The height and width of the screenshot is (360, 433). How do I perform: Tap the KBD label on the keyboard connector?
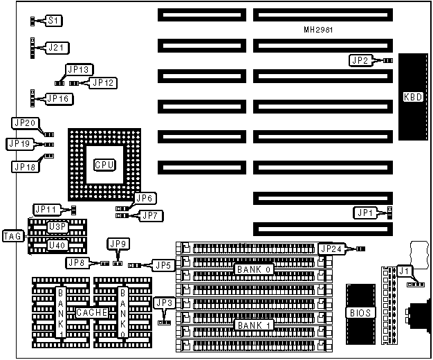(x=414, y=96)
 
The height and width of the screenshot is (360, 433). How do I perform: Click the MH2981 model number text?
(x=319, y=30)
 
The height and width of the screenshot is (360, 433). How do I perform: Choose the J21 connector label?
(x=55, y=48)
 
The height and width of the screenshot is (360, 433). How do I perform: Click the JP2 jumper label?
(x=359, y=60)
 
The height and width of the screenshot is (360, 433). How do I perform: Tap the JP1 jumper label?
(x=365, y=212)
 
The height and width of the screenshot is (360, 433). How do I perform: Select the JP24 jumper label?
(x=331, y=249)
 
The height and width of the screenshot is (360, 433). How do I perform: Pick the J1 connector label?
(x=405, y=271)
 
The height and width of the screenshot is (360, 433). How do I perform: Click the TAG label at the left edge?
(x=13, y=235)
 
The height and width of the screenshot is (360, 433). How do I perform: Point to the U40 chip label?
(x=57, y=244)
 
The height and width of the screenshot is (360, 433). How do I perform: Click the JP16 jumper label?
(x=57, y=98)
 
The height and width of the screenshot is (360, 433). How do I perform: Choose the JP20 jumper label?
(x=24, y=123)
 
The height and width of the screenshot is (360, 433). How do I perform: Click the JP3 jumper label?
(x=164, y=303)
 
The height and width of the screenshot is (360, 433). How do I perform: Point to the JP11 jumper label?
(x=46, y=209)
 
